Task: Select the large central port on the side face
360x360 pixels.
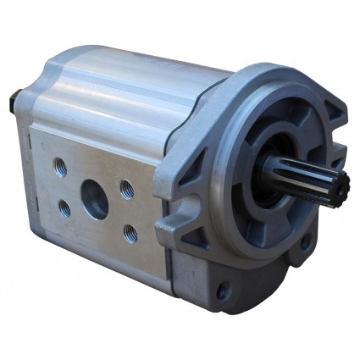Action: (94, 198)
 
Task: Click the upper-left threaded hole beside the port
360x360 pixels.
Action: (61, 168)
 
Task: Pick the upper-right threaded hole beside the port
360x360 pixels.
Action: (126, 187)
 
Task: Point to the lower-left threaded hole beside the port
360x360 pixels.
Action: (64, 205)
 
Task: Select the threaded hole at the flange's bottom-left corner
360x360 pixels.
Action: (223, 291)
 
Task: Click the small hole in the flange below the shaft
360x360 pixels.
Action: (301, 242)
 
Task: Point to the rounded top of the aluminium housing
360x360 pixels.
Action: (127, 76)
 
